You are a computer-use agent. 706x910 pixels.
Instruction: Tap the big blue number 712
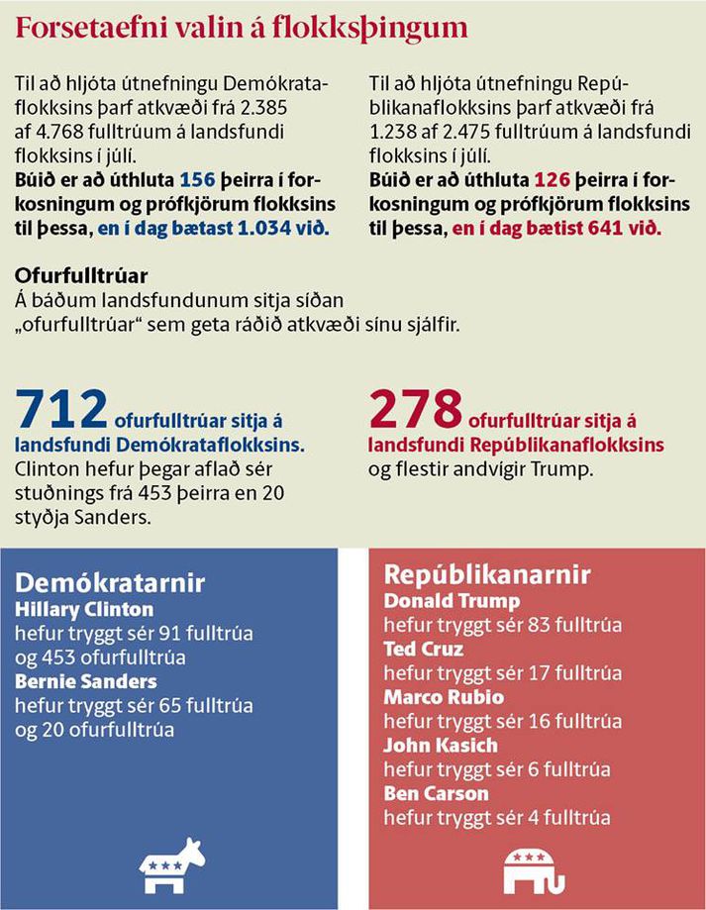pyautogui.click(x=61, y=409)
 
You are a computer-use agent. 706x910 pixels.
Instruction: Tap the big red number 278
pyautogui.click(x=415, y=409)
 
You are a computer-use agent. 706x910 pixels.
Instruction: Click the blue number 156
pyautogui.click(x=197, y=180)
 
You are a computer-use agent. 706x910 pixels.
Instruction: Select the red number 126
pyautogui.click(x=552, y=180)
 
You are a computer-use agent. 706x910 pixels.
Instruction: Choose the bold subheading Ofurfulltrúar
pyautogui.click(x=81, y=275)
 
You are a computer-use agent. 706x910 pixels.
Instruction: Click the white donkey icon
pyautogui.click(x=171, y=865)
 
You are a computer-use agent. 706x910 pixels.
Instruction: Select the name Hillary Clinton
pyautogui.click(x=84, y=609)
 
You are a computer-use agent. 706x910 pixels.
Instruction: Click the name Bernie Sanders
pyautogui.click(x=86, y=681)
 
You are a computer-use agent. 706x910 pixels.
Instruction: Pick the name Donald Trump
pyautogui.click(x=452, y=601)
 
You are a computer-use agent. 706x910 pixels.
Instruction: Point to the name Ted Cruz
pyautogui.click(x=424, y=649)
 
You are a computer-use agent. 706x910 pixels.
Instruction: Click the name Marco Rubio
pyautogui.click(x=444, y=697)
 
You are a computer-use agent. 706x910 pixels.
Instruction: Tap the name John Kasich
pyautogui.click(x=441, y=746)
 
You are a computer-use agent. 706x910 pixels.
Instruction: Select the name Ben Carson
pyautogui.click(x=437, y=793)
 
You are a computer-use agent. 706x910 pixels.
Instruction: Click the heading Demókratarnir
pyautogui.click(x=110, y=582)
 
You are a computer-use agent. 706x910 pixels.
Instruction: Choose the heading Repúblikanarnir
pyautogui.click(x=487, y=574)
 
